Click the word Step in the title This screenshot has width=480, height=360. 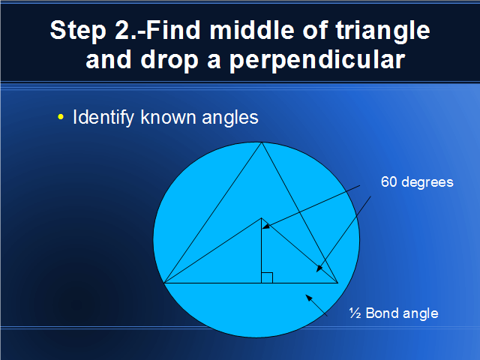point(78,31)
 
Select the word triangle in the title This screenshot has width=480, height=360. point(382,31)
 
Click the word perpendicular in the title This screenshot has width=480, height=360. point(317,61)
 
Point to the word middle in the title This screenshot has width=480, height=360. point(252,30)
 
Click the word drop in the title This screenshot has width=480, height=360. point(169,61)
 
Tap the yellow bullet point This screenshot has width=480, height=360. point(61,117)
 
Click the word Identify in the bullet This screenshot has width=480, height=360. point(103,118)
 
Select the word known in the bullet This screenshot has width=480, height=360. point(168,117)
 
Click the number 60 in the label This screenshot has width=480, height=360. point(388,181)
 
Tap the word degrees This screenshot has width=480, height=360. point(427,183)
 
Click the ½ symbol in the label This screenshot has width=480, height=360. point(355,313)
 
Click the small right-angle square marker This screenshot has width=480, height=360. point(267,277)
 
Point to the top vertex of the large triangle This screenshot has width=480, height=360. point(262,142)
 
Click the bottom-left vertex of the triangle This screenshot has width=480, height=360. point(164,283)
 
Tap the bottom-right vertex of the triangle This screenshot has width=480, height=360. point(337,283)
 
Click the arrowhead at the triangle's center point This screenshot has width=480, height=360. point(266,226)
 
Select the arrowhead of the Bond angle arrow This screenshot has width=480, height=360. point(309,298)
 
